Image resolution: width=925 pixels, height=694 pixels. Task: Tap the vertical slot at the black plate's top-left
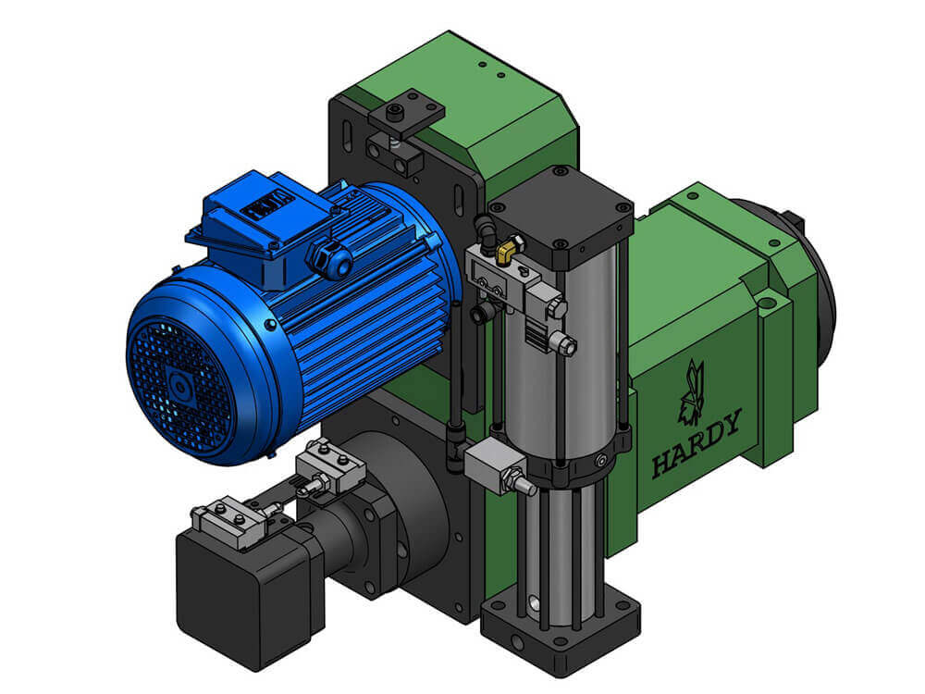346,139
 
